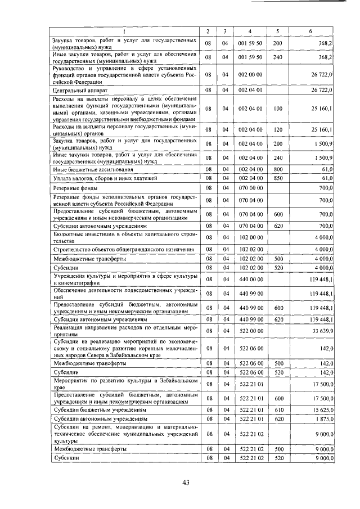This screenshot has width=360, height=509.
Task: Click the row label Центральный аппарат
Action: [x=76, y=89]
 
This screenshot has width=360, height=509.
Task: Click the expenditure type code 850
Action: [x=277, y=178]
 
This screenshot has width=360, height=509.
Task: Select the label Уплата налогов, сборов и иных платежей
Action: [x=97, y=178]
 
